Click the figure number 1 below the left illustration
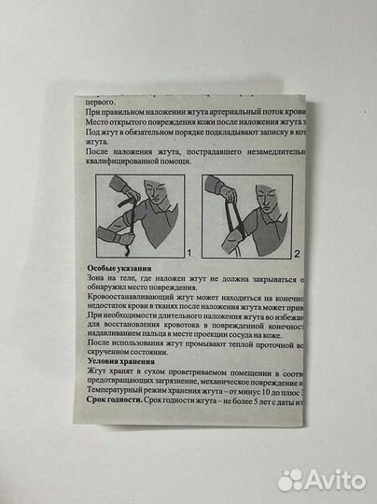(x=189, y=252)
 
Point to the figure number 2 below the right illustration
(x=297, y=253)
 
